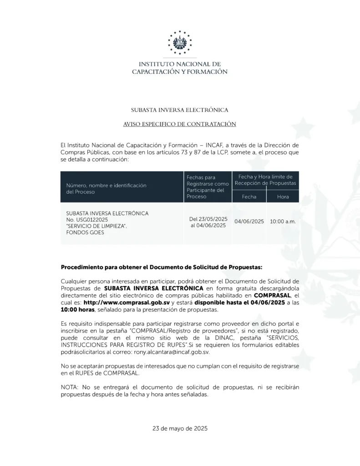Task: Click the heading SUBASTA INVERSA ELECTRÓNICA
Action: [x=180, y=110]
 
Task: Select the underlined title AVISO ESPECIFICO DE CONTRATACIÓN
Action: [x=180, y=124]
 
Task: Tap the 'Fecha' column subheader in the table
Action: [x=249, y=197]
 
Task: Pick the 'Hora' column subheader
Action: [x=283, y=197]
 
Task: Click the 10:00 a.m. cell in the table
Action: [x=283, y=222]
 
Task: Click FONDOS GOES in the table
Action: [x=85, y=232]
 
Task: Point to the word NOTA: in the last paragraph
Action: [x=69, y=387]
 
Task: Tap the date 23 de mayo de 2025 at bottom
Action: [x=180, y=428]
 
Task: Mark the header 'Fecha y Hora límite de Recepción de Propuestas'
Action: [x=265, y=180]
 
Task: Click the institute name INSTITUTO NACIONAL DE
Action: [x=180, y=64]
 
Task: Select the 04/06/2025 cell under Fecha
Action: [x=249, y=222]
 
